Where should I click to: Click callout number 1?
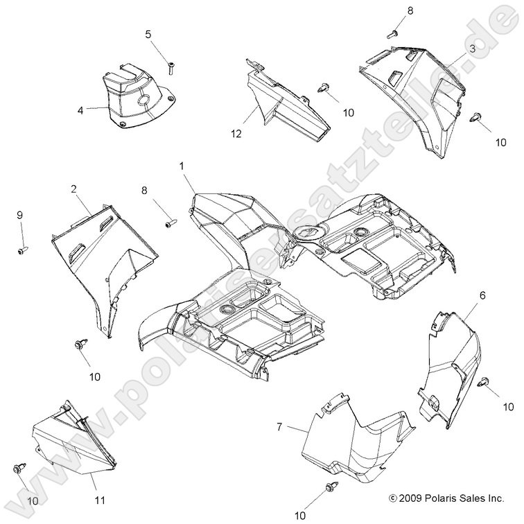[182, 166]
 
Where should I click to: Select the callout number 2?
[73, 189]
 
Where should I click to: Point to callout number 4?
[80, 109]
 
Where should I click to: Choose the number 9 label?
[20, 216]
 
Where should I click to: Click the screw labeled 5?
[171, 67]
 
